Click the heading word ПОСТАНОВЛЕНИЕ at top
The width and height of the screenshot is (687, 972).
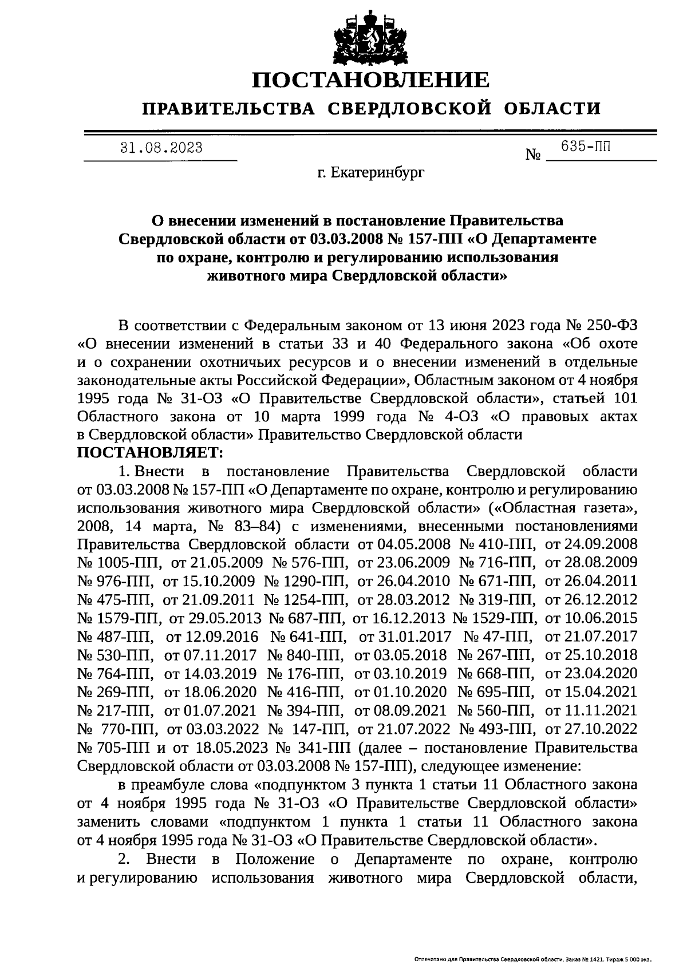(x=371, y=80)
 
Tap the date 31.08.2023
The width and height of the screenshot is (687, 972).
(x=161, y=148)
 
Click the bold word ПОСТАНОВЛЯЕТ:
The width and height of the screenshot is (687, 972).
(x=150, y=453)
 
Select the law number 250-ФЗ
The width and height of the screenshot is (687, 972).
(x=613, y=326)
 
